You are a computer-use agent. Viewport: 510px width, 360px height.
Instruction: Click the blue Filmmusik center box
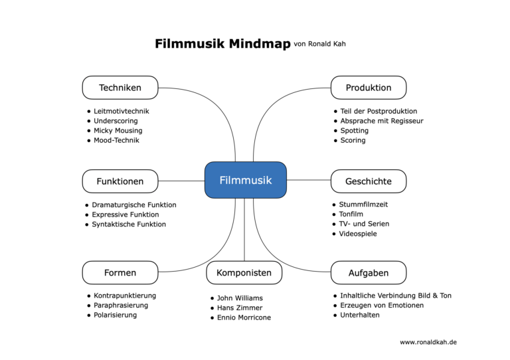tap(245, 180)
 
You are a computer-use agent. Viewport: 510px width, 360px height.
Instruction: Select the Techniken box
tap(120, 88)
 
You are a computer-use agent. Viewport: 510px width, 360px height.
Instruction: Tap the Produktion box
tap(369, 88)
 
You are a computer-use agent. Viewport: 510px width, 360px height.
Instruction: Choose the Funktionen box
tap(120, 181)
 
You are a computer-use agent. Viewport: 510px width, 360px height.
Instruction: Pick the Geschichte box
tap(369, 181)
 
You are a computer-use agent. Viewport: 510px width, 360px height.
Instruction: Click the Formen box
tap(120, 273)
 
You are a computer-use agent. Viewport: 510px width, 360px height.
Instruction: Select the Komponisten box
tap(244, 273)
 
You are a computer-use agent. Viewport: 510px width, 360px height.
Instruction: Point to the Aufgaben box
tap(369, 273)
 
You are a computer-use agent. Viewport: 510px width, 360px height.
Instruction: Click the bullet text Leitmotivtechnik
tap(122, 111)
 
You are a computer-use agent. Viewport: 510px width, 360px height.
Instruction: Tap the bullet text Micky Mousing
tap(118, 130)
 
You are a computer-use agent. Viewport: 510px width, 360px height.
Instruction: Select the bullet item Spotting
tap(354, 131)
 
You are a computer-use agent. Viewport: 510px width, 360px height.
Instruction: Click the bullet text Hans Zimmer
tap(240, 308)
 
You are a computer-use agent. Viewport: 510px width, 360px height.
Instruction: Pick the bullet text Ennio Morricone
tap(244, 317)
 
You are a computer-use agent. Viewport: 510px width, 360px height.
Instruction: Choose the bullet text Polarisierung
tap(116, 315)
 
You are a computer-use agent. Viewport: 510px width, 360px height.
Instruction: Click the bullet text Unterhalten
tap(359, 315)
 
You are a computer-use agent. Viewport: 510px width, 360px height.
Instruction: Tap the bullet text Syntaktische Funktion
tap(129, 225)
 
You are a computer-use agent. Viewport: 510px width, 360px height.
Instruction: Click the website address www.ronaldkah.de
tap(428, 342)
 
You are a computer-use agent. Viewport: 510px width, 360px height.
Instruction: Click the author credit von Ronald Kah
tap(319, 45)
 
